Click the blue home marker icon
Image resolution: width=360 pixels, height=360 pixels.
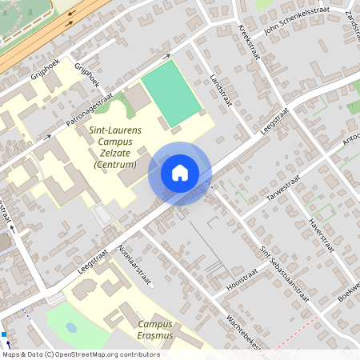pos(180,172)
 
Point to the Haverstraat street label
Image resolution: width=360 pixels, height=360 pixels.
pos(319,230)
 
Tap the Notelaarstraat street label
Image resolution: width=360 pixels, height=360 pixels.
pos(135,265)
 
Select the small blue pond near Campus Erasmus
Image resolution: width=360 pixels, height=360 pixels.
pos(72,327)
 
